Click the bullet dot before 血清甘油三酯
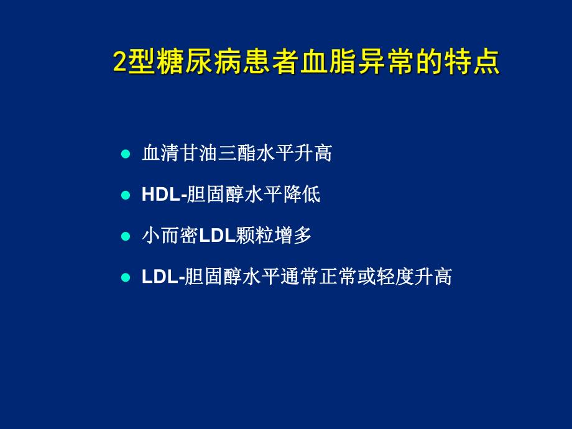pyautogui.click(x=125, y=154)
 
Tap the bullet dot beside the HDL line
pyautogui.click(x=125, y=195)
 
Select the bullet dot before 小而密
pyautogui.click(x=125, y=236)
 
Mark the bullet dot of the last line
pyautogui.click(x=125, y=277)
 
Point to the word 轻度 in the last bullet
pyautogui.click(x=395, y=277)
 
